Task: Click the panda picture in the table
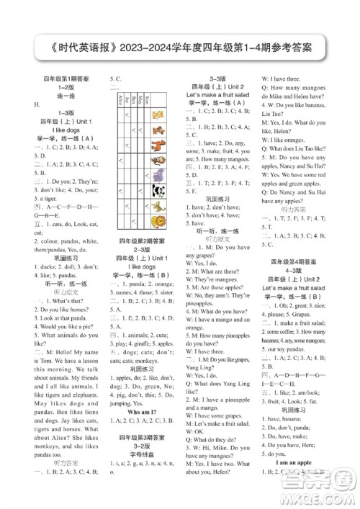point(158,192)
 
